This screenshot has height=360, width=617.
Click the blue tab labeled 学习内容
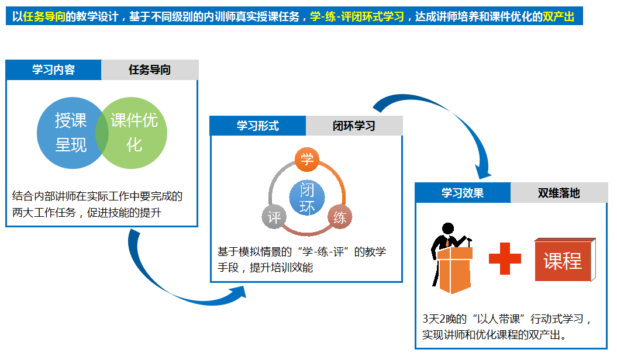pyautogui.click(x=54, y=70)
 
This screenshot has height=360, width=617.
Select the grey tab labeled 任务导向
pyautogui.click(x=150, y=70)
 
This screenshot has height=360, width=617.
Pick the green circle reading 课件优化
pyautogui.click(x=134, y=133)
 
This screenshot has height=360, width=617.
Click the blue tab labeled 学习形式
pyautogui.click(x=258, y=126)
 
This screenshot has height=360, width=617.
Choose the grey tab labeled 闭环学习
pyautogui.click(x=354, y=126)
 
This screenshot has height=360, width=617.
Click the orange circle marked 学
pyautogui.click(x=307, y=160)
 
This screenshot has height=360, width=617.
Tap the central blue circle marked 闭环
pyautogui.click(x=307, y=198)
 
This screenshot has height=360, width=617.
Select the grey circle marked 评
pyautogui.click(x=274, y=217)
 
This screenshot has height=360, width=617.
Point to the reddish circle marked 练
pyautogui.click(x=340, y=217)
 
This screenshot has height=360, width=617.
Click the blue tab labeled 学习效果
pyautogui.click(x=463, y=193)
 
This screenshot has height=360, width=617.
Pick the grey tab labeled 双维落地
pyautogui.click(x=559, y=193)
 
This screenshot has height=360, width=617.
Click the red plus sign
pyautogui.click(x=505, y=258)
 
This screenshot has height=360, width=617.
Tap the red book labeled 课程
pyautogui.click(x=566, y=259)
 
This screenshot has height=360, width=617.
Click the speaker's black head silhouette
pyautogui.click(x=448, y=229)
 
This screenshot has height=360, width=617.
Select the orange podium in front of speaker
pyautogui.click(x=454, y=270)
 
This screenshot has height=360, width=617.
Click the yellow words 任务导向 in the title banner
pyautogui.click(x=44, y=16)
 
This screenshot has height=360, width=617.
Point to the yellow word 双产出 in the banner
pyautogui.click(x=559, y=16)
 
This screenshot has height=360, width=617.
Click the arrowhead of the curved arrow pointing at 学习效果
pyautogui.click(x=483, y=171)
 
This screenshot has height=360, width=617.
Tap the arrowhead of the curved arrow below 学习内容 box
pyautogui.click(x=238, y=293)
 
